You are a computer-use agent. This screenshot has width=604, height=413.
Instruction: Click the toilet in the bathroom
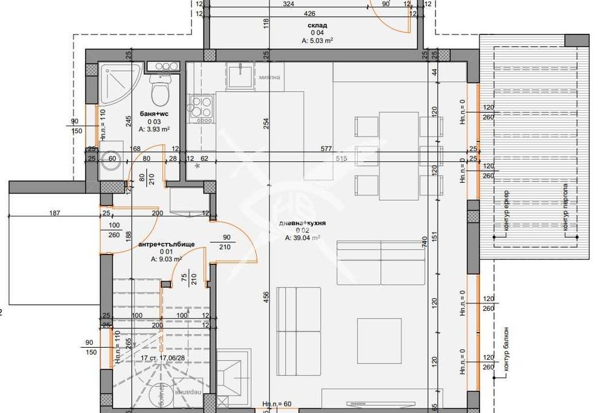(x=161, y=93)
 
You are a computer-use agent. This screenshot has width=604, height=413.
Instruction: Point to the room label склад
(x=317, y=25)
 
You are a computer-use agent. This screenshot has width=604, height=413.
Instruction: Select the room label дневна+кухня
(x=302, y=223)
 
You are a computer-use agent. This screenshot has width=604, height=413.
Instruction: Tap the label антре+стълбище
(x=166, y=244)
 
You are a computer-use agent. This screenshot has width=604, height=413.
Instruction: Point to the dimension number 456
(x=266, y=301)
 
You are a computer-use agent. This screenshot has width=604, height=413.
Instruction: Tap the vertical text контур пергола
(x=566, y=207)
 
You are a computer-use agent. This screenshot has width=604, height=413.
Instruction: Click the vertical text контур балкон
(x=506, y=349)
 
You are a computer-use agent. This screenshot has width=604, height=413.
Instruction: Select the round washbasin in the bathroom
(x=111, y=160)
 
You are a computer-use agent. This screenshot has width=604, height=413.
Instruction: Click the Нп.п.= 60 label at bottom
(x=277, y=403)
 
